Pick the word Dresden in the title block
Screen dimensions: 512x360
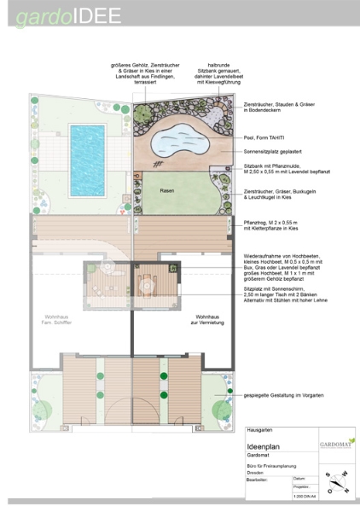click(257, 473)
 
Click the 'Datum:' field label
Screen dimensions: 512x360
click(299, 480)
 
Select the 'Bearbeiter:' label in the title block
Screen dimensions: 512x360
click(258, 480)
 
